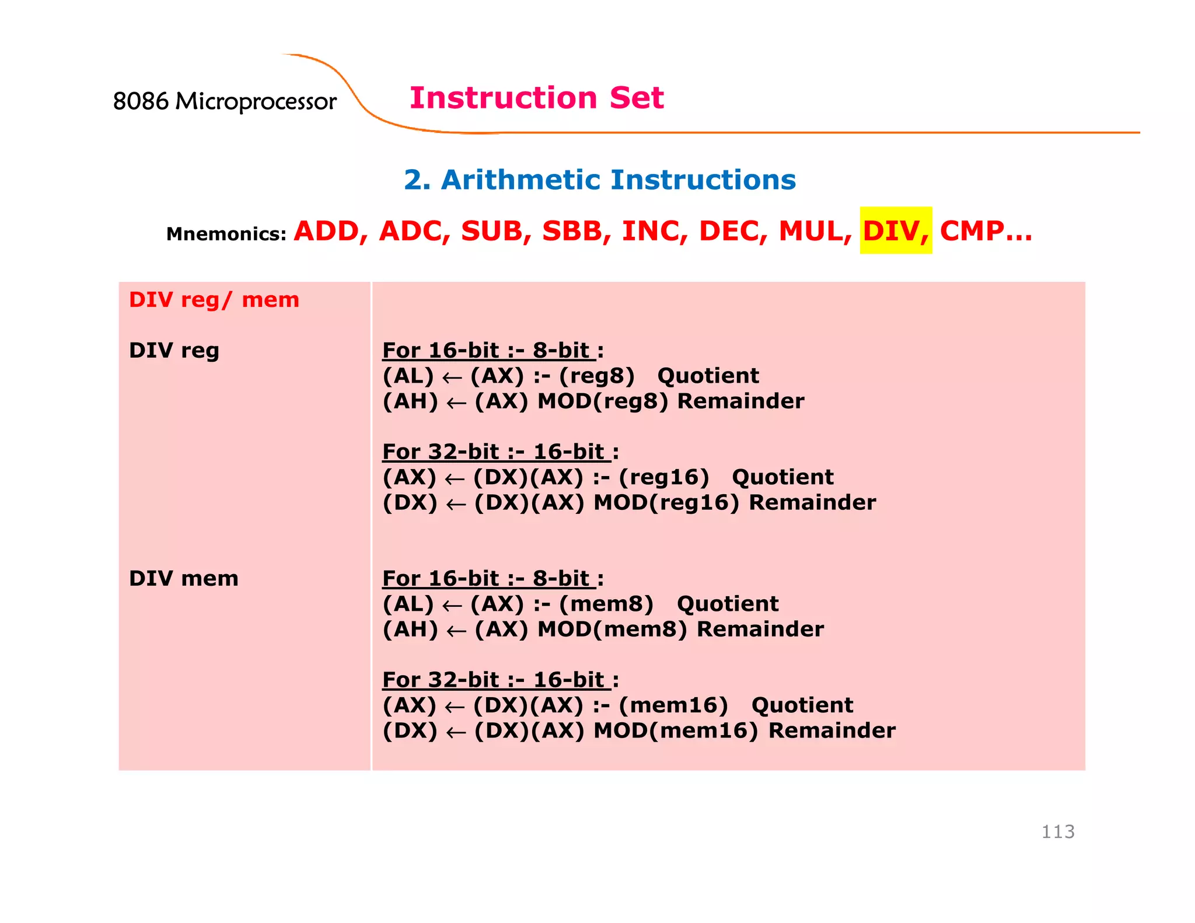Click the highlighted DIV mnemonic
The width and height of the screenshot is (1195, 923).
[895, 231]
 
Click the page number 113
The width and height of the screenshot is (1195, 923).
[1057, 831]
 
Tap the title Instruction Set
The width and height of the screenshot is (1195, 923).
[536, 97]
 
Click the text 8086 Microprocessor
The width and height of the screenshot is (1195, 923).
[225, 102]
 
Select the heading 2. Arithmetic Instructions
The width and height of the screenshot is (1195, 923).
[599, 180]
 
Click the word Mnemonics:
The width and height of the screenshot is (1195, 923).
[226, 234]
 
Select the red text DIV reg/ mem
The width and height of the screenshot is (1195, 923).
[214, 300]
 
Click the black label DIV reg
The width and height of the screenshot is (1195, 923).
[174, 351]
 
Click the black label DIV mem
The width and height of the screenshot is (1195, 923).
[183, 579]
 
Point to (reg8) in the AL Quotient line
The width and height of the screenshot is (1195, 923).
[596, 376]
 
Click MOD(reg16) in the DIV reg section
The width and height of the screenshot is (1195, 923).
[666, 503]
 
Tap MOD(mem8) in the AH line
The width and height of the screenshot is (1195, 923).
[612, 630]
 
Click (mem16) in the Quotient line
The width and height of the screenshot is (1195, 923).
[673, 705]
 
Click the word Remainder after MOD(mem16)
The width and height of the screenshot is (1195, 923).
[831, 731]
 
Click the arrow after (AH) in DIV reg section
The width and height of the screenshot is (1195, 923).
[456, 403]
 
